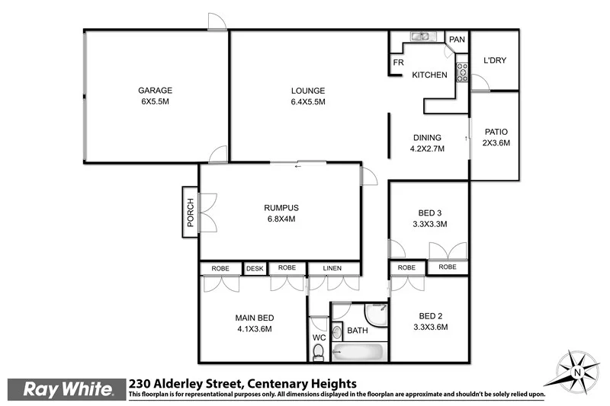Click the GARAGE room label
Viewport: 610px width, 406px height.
(155, 90)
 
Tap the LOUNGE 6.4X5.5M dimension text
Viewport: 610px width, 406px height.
(308, 102)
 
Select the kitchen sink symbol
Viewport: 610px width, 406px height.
(421, 37)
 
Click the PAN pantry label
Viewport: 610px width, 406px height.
(457, 40)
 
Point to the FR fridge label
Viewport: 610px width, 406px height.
(397, 63)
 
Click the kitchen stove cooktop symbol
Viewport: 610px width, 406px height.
(461, 72)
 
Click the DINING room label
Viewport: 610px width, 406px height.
(427, 137)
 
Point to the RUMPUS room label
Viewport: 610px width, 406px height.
(280, 207)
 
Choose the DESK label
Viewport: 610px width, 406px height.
(254, 268)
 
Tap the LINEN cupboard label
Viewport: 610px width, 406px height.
(333, 268)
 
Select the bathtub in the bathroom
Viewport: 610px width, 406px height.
(358, 352)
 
